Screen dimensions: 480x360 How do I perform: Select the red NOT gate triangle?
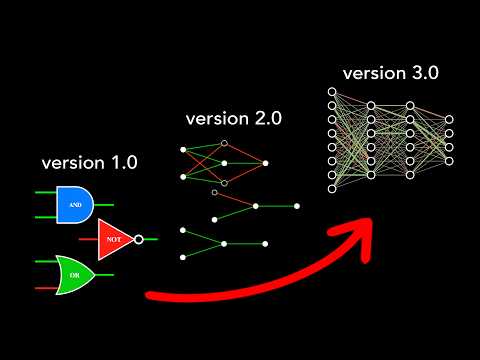pyautogui.click(x=116, y=239)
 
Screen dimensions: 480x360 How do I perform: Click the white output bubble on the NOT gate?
pyautogui.click(x=139, y=239)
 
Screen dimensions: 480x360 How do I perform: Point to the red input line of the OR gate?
pyautogui.click(x=46, y=287)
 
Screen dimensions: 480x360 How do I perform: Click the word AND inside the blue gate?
pyautogui.click(x=75, y=204)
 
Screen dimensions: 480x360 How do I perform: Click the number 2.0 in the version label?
pyautogui.click(x=266, y=118)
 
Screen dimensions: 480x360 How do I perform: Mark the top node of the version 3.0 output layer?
pyautogui.click(x=449, y=119)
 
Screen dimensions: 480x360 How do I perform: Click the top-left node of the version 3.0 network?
pyautogui.click(x=331, y=91)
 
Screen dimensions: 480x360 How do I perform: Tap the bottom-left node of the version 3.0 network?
pyautogui.click(x=331, y=188)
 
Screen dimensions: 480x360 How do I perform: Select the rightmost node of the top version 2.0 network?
pyautogui.click(x=265, y=162)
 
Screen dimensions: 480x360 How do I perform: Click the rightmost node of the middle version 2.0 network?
pyautogui.click(x=297, y=206)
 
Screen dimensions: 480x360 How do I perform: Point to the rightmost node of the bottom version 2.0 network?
pyautogui.click(x=265, y=243)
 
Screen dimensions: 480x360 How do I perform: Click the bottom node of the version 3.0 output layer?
pyautogui.click(x=449, y=161)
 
